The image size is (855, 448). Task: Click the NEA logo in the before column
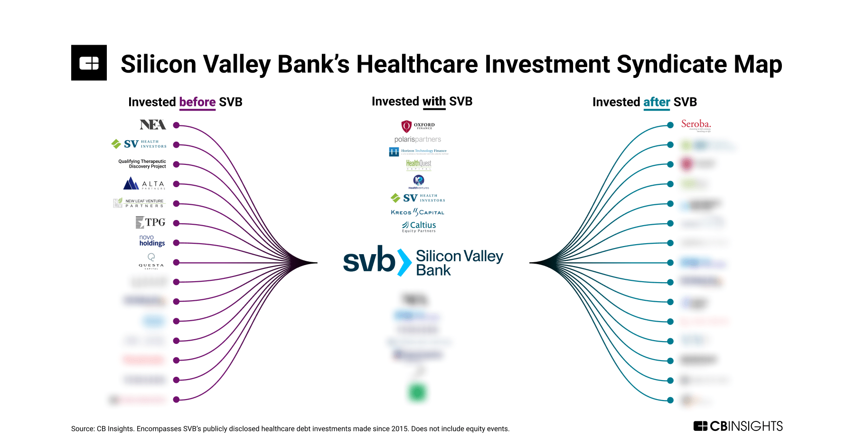point(152,125)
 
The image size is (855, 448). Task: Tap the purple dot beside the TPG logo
point(176,223)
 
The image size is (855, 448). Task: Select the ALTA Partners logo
point(144,184)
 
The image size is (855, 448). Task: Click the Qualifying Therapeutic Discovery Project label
point(142,164)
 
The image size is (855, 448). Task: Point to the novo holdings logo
point(152,241)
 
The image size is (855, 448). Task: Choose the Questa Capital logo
point(151,261)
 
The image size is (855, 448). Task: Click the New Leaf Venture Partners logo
point(139,203)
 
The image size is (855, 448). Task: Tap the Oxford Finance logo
point(418,126)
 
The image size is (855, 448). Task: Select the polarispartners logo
point(418,139)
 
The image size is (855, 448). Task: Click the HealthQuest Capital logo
point(419,164)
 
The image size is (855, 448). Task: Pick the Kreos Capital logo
point(417,212)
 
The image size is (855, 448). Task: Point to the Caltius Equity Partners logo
point(419,227)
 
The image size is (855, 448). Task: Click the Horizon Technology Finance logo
point(418,152)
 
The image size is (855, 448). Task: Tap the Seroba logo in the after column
point(695,125)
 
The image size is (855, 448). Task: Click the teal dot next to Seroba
point(670,125)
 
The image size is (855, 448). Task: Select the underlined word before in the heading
point(197,102)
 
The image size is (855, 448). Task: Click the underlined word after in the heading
point(657,102)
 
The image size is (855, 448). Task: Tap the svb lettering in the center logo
point(369,260)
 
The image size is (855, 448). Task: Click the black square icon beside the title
point(89,63)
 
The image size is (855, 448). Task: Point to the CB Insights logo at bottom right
point(738,426)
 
